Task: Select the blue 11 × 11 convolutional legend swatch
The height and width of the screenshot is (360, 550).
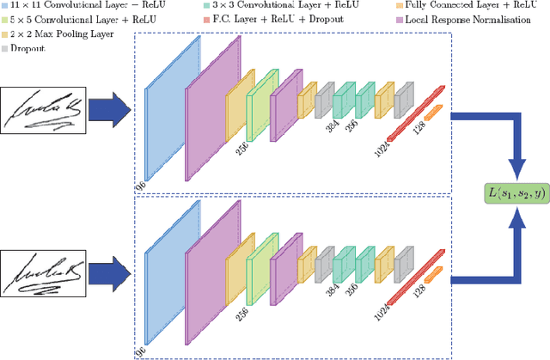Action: [x=6, y=7]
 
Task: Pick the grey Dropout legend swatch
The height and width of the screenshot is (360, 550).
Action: [x=6, y=48]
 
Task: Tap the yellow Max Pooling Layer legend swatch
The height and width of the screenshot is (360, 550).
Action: [x=6, y=34]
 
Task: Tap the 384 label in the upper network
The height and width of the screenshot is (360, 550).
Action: [x=332, y=127]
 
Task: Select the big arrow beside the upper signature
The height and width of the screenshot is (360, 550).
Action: [x=108, y=110]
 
